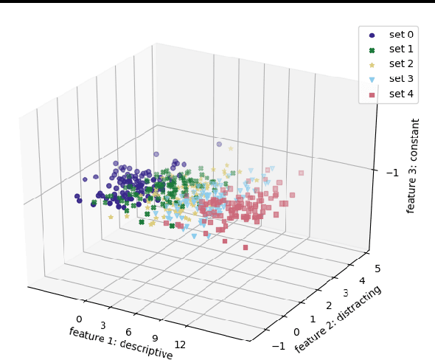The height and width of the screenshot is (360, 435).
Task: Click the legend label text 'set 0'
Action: pos(401,35)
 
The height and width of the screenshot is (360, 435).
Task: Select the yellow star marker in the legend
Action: pos(372,64)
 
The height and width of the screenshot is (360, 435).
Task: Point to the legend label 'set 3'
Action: pos(401,79)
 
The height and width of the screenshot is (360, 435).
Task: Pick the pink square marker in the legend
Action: pos(372,94)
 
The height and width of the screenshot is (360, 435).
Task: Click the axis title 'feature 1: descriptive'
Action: pos(121,344)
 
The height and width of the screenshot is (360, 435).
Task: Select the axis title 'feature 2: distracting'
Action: pos(338,319)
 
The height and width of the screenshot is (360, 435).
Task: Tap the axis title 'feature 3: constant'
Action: pos(415,166)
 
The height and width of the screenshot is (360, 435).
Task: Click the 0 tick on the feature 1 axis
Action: pos(79,319)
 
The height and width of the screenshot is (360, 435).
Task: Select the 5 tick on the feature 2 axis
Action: pos(377,269)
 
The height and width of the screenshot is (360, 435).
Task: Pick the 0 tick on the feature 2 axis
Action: pos(297,333)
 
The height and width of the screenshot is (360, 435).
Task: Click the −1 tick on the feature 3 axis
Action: pos(393,172)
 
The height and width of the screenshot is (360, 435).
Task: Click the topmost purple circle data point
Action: pos(219,144)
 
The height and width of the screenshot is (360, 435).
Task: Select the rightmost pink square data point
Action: pos(301,173)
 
